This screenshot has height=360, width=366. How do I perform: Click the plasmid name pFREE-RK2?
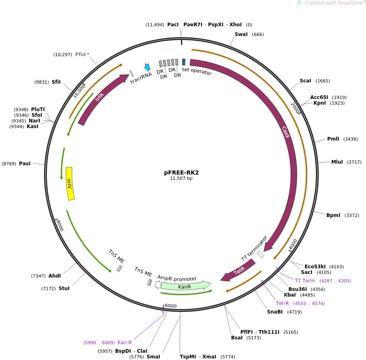(181, 173)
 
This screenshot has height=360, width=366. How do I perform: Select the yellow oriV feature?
(70, 183)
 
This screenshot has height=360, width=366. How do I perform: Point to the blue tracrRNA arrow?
(147, 67)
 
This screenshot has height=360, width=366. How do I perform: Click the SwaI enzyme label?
(241, 34)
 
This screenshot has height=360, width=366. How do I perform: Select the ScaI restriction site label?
(305, 81)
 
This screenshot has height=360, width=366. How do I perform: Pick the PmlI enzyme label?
(333, 139)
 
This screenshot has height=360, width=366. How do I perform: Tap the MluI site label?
(337, 162)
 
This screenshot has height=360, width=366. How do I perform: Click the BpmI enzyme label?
(333, 215)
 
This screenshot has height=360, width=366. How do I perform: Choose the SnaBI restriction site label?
(275, 312)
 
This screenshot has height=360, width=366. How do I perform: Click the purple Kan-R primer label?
(124, 343)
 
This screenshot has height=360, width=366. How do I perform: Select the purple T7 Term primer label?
(305, 281)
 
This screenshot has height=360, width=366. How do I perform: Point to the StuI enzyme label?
(64, 288)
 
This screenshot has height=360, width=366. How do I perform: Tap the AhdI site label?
(55, 276)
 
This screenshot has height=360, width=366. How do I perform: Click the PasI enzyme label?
(25, 164)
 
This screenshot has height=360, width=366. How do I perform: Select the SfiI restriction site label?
(56, 82)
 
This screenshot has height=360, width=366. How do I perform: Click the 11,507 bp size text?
(181, 178)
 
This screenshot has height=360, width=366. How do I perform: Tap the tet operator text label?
(197, 72)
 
